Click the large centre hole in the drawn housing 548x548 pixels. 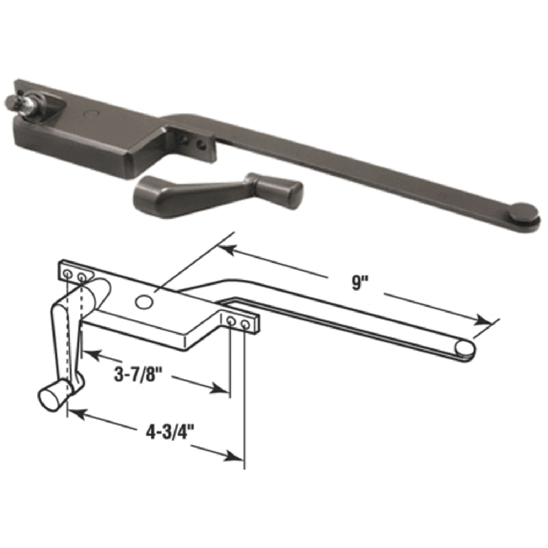point(144,301)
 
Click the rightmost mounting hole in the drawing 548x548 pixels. point(244,324)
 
